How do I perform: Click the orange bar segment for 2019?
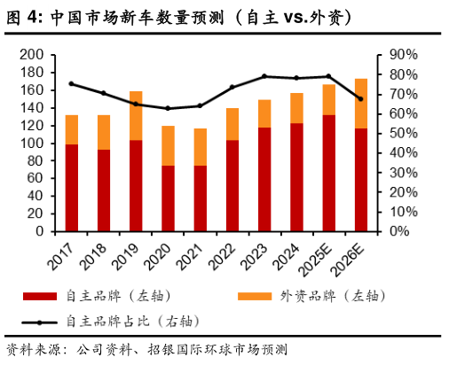coord(136,115)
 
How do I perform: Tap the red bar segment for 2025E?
coord(328,174)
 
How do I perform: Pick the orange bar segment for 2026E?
coord(360,104)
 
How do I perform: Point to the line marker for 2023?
coord(264,76)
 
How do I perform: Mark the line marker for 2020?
coord(168,108)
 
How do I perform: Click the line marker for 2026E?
coord(360,99)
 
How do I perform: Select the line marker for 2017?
coord(71,84)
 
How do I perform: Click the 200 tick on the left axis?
coord(33,55)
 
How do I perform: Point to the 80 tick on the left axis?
coord(36,160)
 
